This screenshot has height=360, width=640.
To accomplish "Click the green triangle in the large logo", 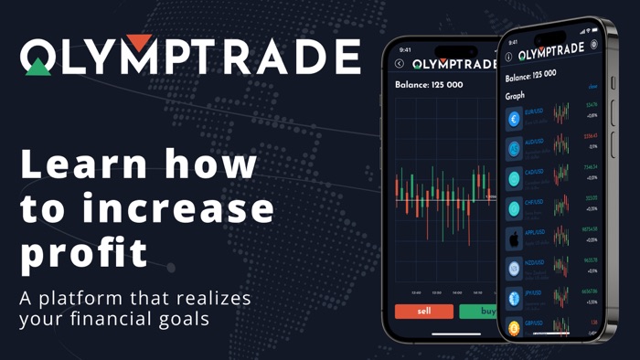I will coord(38,66).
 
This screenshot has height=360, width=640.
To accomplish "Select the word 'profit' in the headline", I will coord(83,252).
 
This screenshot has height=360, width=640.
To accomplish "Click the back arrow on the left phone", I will coord(400,63).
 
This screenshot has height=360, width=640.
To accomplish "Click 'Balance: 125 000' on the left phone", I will coord(430,84).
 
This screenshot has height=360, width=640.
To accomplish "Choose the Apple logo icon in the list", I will coord(514,239).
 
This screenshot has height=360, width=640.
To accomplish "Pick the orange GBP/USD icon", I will coord(514,326).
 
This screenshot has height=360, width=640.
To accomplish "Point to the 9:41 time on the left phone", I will coord(405,49).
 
